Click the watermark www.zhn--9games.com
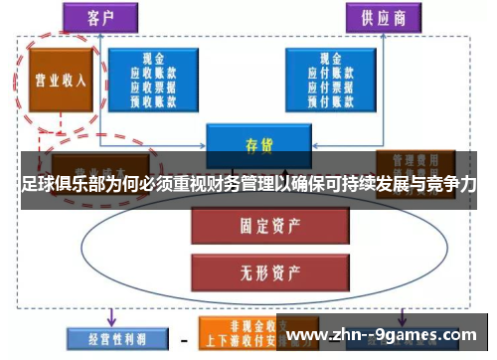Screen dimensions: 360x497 click(383, 335)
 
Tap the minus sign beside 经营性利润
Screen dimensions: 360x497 click(183, 341)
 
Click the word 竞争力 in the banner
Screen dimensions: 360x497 click(452, 186)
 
